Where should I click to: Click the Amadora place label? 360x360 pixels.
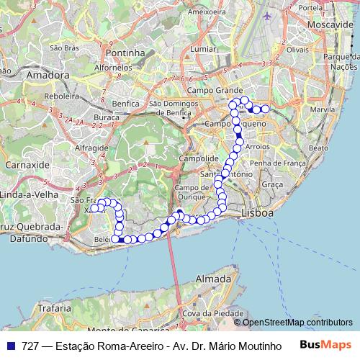(48, 74)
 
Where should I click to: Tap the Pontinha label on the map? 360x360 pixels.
(125, 53)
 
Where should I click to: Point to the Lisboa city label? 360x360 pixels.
(258, 213)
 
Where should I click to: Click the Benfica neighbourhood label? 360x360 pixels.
(125, 103)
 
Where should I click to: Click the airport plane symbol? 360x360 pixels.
(269, 16)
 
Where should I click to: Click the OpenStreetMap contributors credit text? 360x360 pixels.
(297, 322)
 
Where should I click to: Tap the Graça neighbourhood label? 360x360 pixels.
(272, 184)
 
